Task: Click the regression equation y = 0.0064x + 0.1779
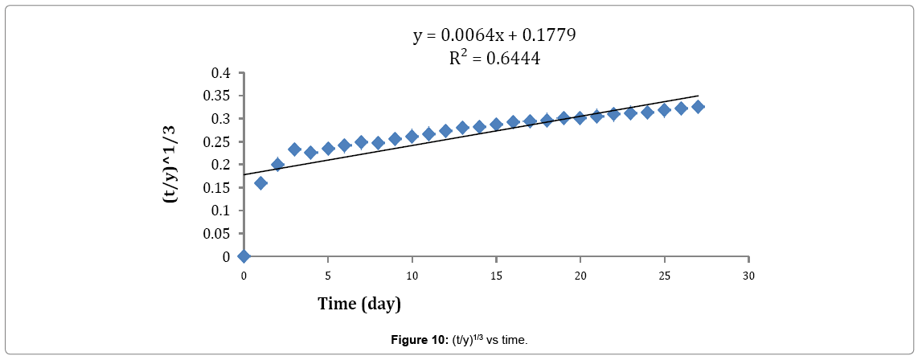tap(494, 35)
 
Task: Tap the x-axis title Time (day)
tap(359, 304)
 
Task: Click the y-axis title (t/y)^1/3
tap(170, 164)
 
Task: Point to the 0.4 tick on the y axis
tap(220, 73)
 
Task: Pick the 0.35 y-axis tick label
tap(217, 96)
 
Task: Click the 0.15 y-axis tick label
tap(217, 188)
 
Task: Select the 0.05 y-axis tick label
tap(217, 234)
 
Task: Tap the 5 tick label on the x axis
tap(328, 276)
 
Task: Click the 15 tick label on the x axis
tap(496, 276)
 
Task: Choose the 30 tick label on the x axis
tap(748, 276)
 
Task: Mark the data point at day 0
tap(244, 256)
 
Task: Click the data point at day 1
tap(261, 183)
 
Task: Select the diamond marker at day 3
tap(295, 149)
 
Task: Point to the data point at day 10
tap(412, 136)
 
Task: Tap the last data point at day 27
tap(698, 107)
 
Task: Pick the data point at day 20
tap(580, 118)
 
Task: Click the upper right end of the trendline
tap(698, 96)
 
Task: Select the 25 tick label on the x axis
tap(664, 276)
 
